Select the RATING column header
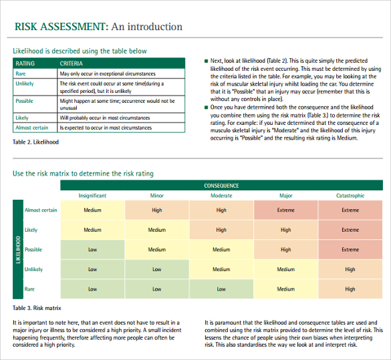tap(25, 63)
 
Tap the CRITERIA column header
tap(72, 63)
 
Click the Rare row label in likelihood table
tap(21, 73)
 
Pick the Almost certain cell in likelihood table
tap(32, 128)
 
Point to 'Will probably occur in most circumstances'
tap(105, 118)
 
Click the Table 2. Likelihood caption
tap(36, 142)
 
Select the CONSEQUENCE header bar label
tap(221, 186)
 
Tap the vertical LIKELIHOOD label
tap(17, 249)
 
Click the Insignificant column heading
tap(92, 196)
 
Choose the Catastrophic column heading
tap(350, 196)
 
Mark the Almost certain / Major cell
tap(285, 210)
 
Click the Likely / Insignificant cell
tap(92, 230)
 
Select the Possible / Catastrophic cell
tap(350, 250)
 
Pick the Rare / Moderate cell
tap(221, 289)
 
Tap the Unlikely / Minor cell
tap(156, 269)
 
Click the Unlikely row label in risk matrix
tap(34, 269)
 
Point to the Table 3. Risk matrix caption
tap(37, 308)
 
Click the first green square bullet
tap(207, 61)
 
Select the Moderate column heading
tap(221, 196)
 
